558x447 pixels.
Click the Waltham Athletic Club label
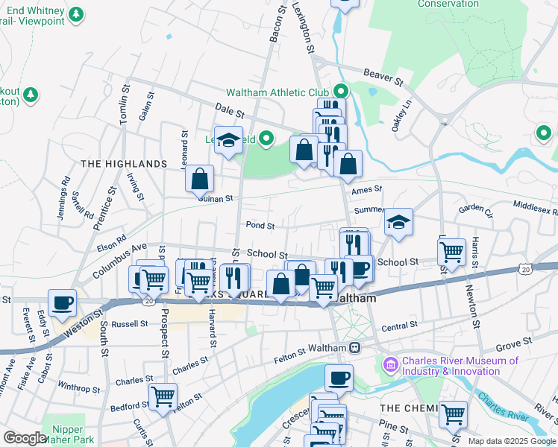(x=279, y=92)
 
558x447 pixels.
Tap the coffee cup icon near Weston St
(x=63, y=302)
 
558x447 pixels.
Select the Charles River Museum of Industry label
(x=460, y=366)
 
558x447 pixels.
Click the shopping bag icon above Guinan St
(x=200, y=179)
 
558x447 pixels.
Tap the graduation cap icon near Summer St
(x=399, y=222)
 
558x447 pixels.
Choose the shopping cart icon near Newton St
(x=452, y=253)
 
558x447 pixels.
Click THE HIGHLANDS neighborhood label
(x=123, y=163)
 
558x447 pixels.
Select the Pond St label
(x=260, y=225)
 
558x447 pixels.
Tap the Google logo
(x=25, y=438)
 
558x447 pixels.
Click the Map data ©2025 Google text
(x=511, y=441)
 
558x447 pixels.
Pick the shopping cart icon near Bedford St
(x=163, y=396)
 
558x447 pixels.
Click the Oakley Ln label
(x=403, y=113)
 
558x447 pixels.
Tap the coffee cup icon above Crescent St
(x=339, y=378)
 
